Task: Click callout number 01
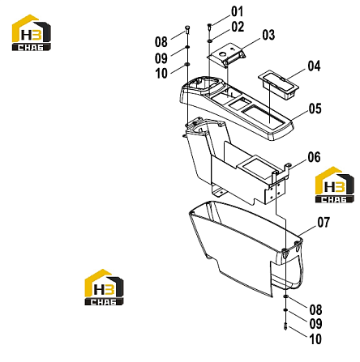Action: point(238,11)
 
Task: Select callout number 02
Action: point(238,27)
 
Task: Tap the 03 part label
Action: point(268,35)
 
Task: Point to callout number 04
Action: point(314,66)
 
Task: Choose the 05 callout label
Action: point(315,109)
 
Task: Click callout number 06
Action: point(314,157)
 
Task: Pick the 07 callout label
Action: point(324,223)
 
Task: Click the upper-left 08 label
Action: point(161,42)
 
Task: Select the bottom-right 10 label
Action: point(315,339)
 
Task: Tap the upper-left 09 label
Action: point(161,58)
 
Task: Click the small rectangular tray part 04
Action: point(278,84)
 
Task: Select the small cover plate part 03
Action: point(226,55)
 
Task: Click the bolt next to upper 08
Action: point(187,29)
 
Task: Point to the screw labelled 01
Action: point(209,26)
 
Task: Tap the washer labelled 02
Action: point(209,41)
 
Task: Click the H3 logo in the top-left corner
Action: point(32,32)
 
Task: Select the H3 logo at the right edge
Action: point(335,185)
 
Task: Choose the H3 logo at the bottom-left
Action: point(104,287)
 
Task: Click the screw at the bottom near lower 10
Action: point(285,326)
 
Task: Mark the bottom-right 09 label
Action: point(315,324)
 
